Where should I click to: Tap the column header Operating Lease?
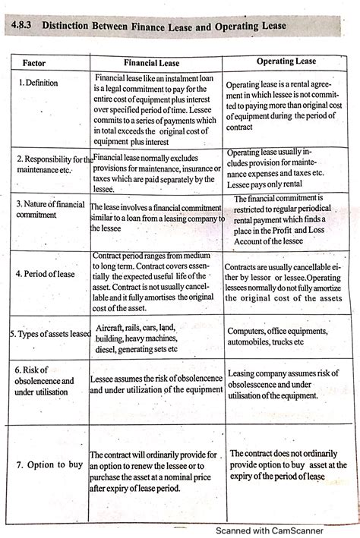286,61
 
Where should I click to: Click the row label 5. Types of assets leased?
49,333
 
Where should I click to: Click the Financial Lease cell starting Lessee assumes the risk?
156,384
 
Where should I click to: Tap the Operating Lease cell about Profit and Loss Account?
286,219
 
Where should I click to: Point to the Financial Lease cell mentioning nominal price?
156,465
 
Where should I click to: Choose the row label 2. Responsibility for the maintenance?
52,165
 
